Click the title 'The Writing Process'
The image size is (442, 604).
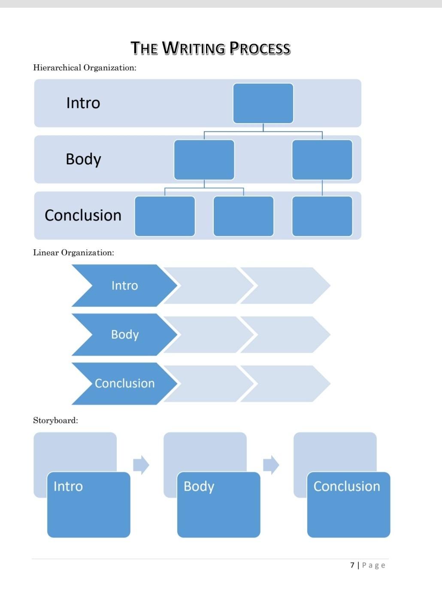pos(210,48)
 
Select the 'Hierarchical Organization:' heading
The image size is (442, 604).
pos(85,68)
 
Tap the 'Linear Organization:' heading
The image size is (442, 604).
pos(73,253)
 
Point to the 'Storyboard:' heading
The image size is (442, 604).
pos(55,420)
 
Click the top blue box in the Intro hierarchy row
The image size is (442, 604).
pos(263,103)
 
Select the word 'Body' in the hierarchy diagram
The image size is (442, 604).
pos(83,159)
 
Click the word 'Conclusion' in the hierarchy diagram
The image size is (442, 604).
pos(83,215)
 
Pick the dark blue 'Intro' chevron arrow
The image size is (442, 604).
pos(124,286)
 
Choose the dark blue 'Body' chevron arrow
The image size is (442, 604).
pos(124,335)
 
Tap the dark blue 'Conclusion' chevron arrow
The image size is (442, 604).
pos(124,384)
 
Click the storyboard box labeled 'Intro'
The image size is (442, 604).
pos(88,504)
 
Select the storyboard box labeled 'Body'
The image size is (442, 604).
pos(218,504)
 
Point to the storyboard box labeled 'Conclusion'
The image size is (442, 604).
pos(348,504)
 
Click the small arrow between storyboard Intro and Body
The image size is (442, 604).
pos(141,465)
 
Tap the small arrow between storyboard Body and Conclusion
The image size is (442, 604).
pos(271,465)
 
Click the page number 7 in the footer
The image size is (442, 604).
pos(352,565)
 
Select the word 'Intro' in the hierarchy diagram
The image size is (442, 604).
pos(83,103)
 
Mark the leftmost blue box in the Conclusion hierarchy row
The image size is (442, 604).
pos(165,216)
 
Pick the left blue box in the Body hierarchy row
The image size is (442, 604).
pos(204,160)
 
